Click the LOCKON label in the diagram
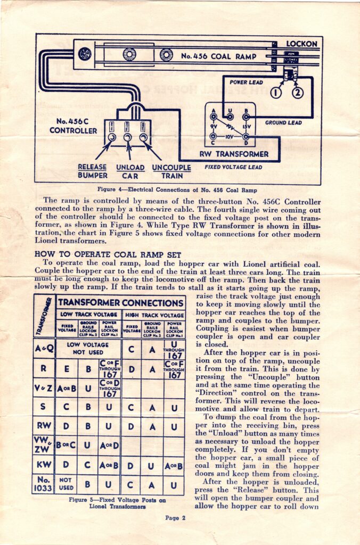click(301, 43)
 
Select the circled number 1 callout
click(275, 93)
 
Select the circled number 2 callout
click(297, 93)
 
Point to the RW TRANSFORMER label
click(234, 154)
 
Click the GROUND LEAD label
click(283, 122)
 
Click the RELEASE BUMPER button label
click(93, 171)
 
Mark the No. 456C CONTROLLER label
click(73, 126)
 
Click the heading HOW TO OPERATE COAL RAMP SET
click(108, 254)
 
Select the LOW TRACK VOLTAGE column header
click(88, 315)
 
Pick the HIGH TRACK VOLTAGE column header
click(154, 315)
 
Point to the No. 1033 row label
click(43, 485)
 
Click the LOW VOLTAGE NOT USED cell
click(88, 348)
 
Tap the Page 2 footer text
click(175, 517)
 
